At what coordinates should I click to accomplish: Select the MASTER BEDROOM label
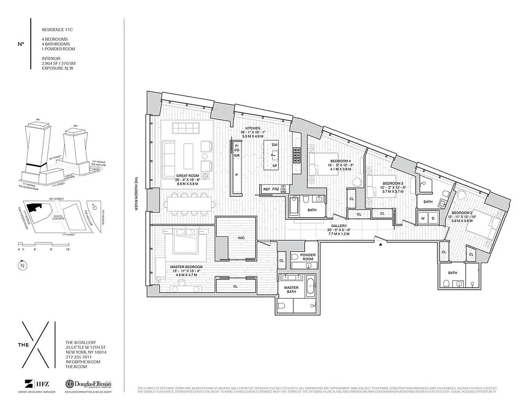pos(186,267)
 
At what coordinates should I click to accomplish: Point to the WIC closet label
pos(240,238)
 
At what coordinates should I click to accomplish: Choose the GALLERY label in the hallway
pos(338,226)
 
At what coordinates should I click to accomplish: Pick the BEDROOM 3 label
pos(381,183)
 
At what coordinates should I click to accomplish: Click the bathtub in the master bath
pos(310,286)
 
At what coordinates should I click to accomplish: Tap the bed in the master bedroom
pos(189,241)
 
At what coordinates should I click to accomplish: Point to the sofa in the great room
pos(169,153)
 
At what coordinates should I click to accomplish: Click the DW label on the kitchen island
pos(275,145)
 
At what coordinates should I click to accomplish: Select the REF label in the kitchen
pos(267,189)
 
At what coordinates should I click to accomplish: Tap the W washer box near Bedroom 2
pos(422,218)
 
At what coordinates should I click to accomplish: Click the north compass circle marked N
pos(21,266)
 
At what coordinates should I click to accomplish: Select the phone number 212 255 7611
pos(79,357)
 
